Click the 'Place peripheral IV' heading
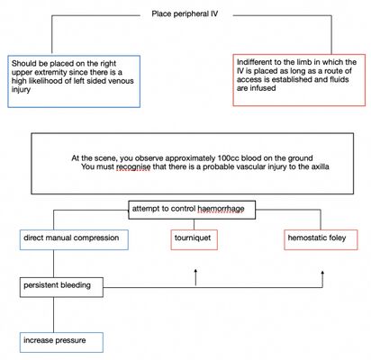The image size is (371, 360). tap(185, 13)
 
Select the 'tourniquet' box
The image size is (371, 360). tap(194, 239)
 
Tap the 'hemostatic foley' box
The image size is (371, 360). tap(321, 239)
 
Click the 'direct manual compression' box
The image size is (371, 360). tap(74, 239)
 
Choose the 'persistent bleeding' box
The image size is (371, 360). tap(61, 287)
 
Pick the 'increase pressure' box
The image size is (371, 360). tap(61, 342)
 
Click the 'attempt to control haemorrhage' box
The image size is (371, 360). tap(192, 210)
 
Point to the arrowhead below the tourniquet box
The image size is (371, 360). tap(195, 271)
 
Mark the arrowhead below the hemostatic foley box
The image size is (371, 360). tap(322, 273)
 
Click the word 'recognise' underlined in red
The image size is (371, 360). tap(133, 166)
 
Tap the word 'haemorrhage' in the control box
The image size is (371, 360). tap(221, 209)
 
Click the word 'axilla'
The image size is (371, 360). tap(320, 166)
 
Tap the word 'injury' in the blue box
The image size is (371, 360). tap(21, 90)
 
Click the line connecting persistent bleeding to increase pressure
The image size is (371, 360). tap(54, 315)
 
